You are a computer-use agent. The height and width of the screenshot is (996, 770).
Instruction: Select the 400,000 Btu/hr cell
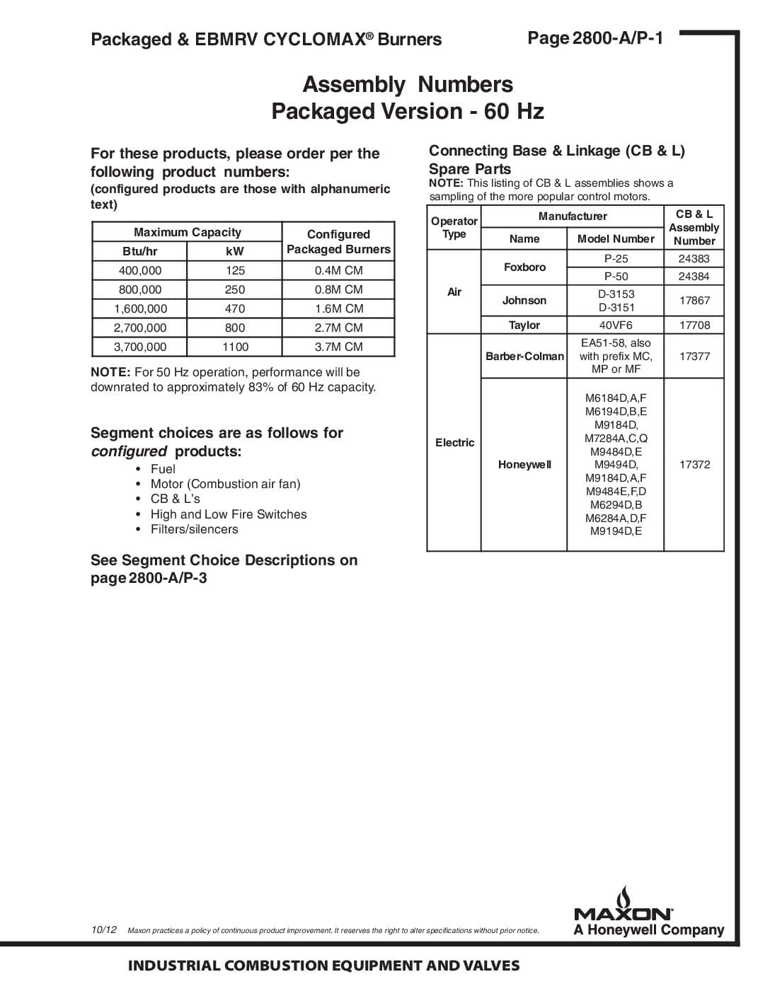pos(140,270)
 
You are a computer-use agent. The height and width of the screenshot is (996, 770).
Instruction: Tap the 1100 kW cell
pos(235,347)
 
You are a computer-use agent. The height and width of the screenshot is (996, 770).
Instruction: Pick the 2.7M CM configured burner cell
pos(338,328)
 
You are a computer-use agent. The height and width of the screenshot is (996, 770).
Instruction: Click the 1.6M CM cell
pos(338,308)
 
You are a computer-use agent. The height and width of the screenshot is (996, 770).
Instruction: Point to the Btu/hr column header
pos(140,251)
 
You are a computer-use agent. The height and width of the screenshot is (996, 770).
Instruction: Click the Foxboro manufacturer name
pos(524,267)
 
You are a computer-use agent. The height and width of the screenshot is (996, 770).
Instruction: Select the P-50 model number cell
pos(616,276)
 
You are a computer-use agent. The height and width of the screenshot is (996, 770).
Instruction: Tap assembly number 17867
pos(694,300)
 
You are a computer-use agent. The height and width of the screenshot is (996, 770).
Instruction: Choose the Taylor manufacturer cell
pos(524,325)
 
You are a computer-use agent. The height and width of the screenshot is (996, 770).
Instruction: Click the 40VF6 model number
pos(616,325)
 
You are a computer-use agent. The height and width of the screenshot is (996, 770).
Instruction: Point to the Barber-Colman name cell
pos(524,356)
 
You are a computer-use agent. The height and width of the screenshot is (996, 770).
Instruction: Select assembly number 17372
pos(694,464)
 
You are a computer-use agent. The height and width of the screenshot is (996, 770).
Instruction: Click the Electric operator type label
pos(454,442)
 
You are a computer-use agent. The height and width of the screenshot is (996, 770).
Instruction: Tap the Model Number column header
pos(616,238)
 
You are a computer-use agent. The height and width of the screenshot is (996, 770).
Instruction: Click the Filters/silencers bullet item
pos(194,529)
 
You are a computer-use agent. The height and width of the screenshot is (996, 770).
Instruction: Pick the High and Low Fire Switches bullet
pos(229,514)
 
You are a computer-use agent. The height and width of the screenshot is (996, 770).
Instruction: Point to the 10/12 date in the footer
pos(103,929)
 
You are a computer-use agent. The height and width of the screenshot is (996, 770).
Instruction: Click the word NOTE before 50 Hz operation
pos(110,372)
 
